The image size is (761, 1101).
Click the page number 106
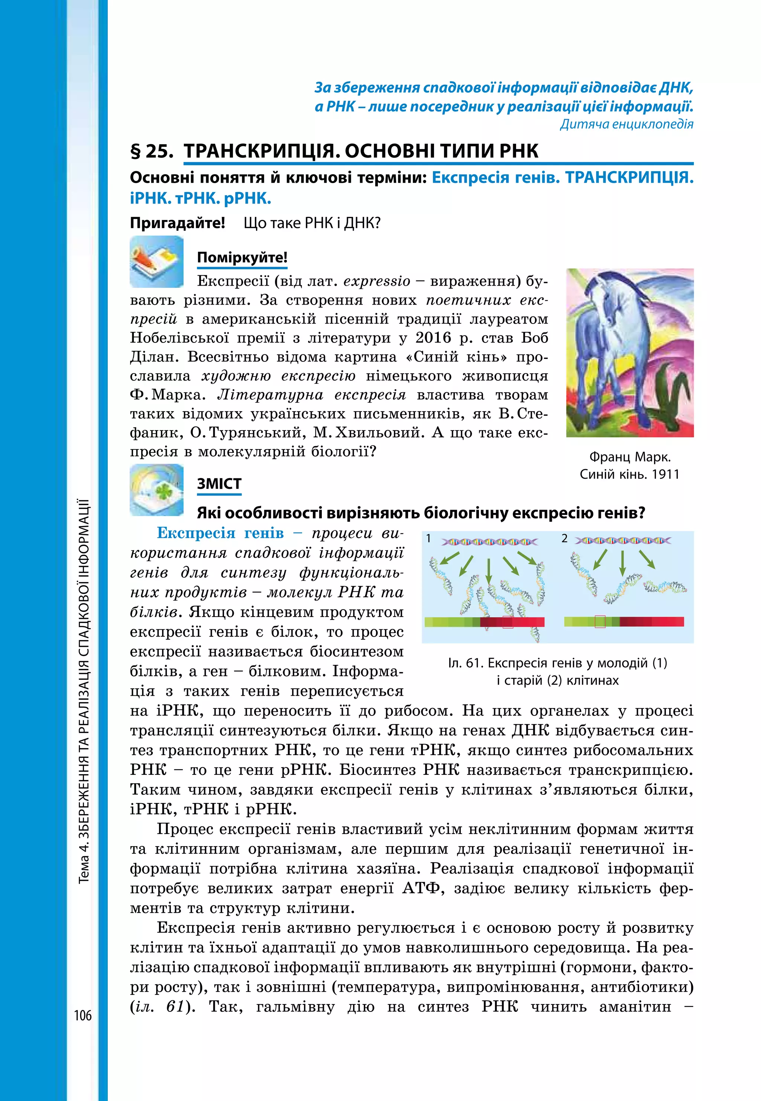click(x=82, y=1015)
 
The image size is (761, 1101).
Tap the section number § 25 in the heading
click(x=152, y=151)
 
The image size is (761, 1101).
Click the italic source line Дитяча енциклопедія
click(x=626, y=124)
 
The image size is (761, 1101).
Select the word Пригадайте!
click(x=177, y=223)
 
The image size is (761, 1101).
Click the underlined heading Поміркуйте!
click(x=242, y=258)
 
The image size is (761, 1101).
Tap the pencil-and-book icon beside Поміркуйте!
click(x=156, y=262)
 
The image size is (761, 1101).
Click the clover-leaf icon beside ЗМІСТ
click(x=156, y=490)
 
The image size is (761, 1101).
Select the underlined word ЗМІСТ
click(x=219, y=484)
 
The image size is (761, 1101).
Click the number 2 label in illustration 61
click(x=564, y=539)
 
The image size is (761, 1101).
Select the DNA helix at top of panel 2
click(x=623, y=540)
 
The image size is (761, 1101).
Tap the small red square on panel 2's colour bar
click(x=600, y=621)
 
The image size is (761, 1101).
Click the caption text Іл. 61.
click(x=465, y=663)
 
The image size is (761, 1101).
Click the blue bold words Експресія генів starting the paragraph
click(x=220, y=533)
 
